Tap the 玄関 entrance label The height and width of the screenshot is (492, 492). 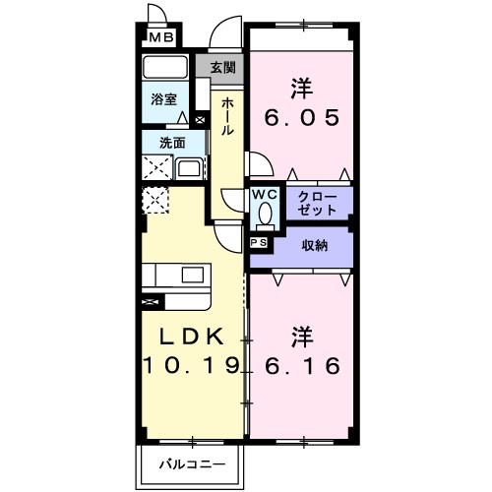222,68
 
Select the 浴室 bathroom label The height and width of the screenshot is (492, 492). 163,99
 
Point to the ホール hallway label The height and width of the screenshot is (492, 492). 227,116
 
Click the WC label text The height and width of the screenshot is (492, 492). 265,194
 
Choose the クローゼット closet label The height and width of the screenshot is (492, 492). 315,204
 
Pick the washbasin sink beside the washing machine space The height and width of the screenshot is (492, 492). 188,168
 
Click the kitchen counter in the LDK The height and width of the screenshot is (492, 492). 177,274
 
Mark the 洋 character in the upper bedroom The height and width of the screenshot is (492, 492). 302,88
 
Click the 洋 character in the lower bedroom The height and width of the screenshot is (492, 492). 302,336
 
